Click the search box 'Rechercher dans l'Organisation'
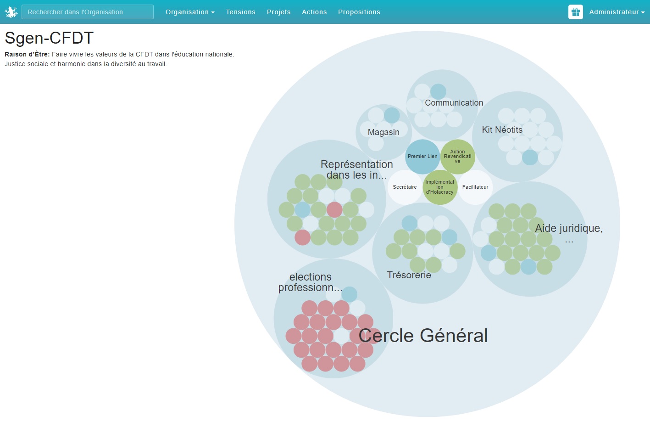click(x=87, y=12)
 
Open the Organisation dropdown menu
click(x=189, y=12)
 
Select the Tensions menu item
click(x=240, y=12)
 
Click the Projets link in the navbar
click(x=278, y=12)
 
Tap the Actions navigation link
click(x=314, y=12)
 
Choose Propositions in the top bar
click(x=359, y=12)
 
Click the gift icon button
click(x=575, y=12)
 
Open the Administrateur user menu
click(x=617, y=12)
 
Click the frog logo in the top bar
click(x=11, y=12)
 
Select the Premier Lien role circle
click(x=422, y=157)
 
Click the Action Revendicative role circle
click(x=457, y=157)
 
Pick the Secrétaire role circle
click(x=405, y=187)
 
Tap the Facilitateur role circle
click(x=475, y=187)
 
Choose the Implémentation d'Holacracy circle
click(x=439, y=187)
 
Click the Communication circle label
click(x=454, y=103)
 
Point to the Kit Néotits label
click(x=502, y=130)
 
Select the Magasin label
click(x=383, y=132)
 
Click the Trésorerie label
click(x=409, y=275)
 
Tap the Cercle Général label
click(x=423, y=336)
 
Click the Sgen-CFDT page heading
click(x=49, y=38)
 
